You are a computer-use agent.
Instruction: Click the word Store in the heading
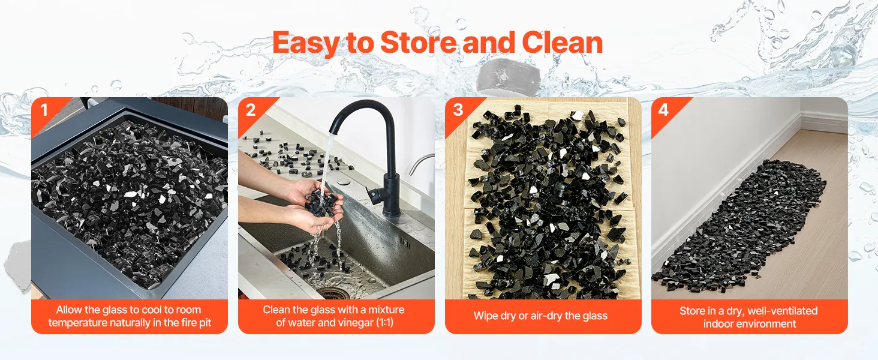(419, 43)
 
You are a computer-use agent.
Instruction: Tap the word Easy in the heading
(306, 44)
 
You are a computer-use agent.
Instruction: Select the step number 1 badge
(44, 110)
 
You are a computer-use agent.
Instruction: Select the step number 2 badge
(251, 110)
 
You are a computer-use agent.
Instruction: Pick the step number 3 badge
(458, 110)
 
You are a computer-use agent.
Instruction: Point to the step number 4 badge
(663, 110)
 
